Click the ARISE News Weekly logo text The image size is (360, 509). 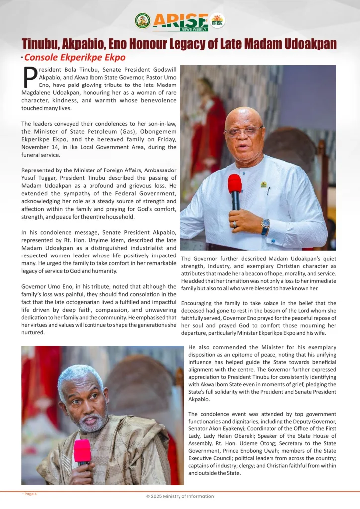pyautogui.click(x=180, y=21)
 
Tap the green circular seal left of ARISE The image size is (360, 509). pyautogui.click(x=142, y=20)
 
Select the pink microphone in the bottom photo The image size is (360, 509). pyautogui.click(x=82, y=451)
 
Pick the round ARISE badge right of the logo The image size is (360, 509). pyautogui.click(x=217, y=20)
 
